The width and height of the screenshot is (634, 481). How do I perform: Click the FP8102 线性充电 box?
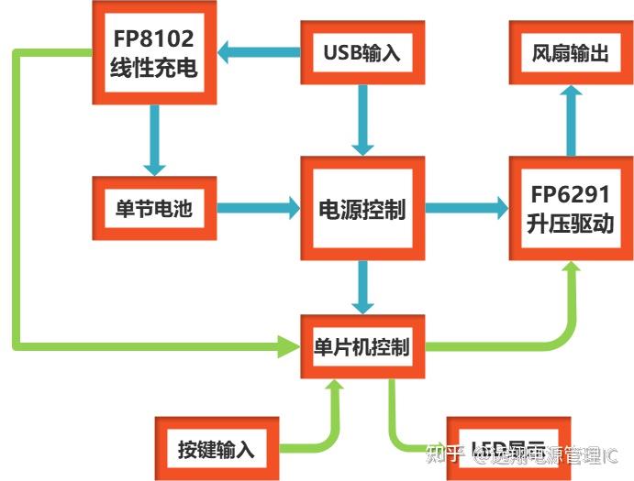tap(153, 54)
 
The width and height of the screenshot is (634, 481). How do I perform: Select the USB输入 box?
tap(361, 52)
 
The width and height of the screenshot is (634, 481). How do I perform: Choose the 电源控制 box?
tap(361, 210)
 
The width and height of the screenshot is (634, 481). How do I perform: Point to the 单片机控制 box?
tap(361, 347)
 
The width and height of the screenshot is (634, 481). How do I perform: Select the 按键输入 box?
tap(216, 449)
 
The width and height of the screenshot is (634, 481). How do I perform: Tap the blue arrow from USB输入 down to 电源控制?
tap(363, 118)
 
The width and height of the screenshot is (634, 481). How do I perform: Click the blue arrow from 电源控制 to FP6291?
tap(467, 209)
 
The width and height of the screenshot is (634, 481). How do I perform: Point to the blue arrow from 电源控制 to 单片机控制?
tap(363, 288)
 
